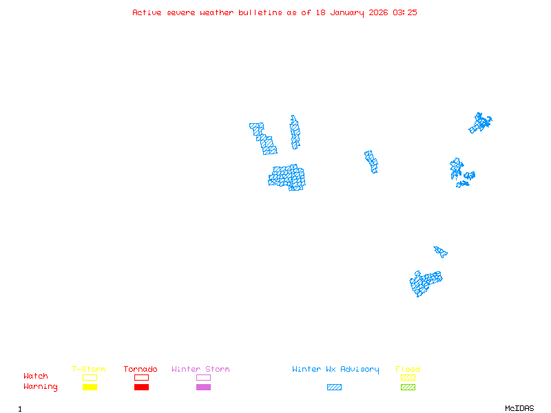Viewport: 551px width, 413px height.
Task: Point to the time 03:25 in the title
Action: tap(405, 12)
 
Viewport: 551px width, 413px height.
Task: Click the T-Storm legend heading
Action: tap(89, 369)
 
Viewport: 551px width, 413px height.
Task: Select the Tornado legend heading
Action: tap(141, 369)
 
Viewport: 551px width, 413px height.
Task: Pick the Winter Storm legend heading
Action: tap(200, 369)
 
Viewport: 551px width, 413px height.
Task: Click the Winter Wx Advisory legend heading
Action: tap(335, 369)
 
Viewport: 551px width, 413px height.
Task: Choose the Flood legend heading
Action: tap(408, 369)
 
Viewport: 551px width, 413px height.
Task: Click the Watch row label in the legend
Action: tap(36, 377)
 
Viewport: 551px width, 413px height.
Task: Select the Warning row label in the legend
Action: tap(41, 387)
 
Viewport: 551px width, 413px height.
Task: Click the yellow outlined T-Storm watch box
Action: tap(90, 377)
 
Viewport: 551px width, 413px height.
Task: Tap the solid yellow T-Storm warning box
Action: tap(90, 388)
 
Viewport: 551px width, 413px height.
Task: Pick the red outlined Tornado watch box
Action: tap(141, 377)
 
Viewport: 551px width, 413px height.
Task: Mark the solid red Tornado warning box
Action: tap(141, 388)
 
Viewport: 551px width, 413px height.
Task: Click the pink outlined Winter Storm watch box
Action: tap(203, 377)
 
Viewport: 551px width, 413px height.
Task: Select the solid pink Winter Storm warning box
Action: tap(203, 388)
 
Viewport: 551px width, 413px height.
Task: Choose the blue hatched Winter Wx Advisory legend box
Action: tap(334, 388)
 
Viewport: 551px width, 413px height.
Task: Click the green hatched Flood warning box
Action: tap(408, 388)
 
